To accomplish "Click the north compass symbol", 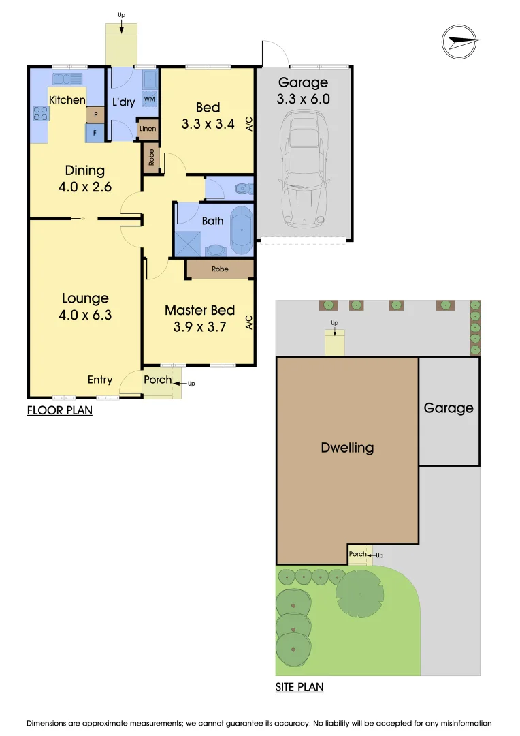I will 460,41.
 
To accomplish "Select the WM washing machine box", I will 148,99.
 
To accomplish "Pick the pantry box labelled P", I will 95,115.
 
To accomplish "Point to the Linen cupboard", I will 148,129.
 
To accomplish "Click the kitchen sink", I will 67,78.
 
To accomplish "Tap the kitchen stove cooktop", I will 40,113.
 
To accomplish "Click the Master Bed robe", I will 220,269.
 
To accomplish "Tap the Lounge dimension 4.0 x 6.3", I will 86,315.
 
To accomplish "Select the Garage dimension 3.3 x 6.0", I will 303,99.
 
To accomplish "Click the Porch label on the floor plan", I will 158,380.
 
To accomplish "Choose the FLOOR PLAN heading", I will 60,410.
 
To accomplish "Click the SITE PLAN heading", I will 299,687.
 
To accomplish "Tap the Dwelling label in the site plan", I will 348,448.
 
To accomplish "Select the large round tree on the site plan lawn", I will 359,594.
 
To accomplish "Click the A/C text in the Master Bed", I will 249,322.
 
